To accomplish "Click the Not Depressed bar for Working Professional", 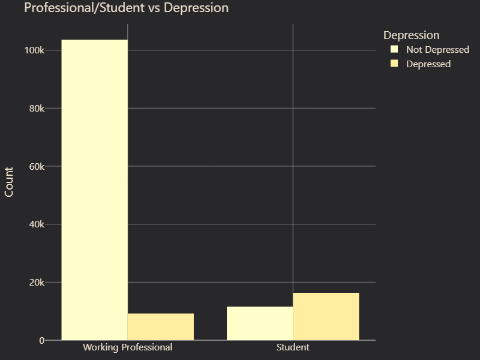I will coord(94,190).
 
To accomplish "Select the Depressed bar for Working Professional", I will coord(160,326).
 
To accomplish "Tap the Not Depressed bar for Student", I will coord(260,323).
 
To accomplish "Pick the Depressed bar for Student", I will coord(326,316).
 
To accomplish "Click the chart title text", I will coord(126,8).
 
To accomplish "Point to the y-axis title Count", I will coord(9,182).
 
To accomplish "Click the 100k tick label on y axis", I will coord(34,50).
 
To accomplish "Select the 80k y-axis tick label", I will coord(36,109).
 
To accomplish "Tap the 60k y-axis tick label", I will coord(36,166).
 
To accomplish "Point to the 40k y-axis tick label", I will coord(36,224).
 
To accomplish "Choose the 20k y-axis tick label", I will coord(36,283).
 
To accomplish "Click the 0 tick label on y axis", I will coord(41,341).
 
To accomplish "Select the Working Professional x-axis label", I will coord(127,347).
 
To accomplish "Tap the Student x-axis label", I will coord(293,347).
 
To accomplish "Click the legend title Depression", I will coord(412,35).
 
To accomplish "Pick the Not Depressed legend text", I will coord(437,50).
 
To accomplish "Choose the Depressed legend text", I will coord(428,64).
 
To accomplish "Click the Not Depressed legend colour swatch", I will coord(394,49).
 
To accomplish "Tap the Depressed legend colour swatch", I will coord(394,64).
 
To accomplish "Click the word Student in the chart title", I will coord(118,8).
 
